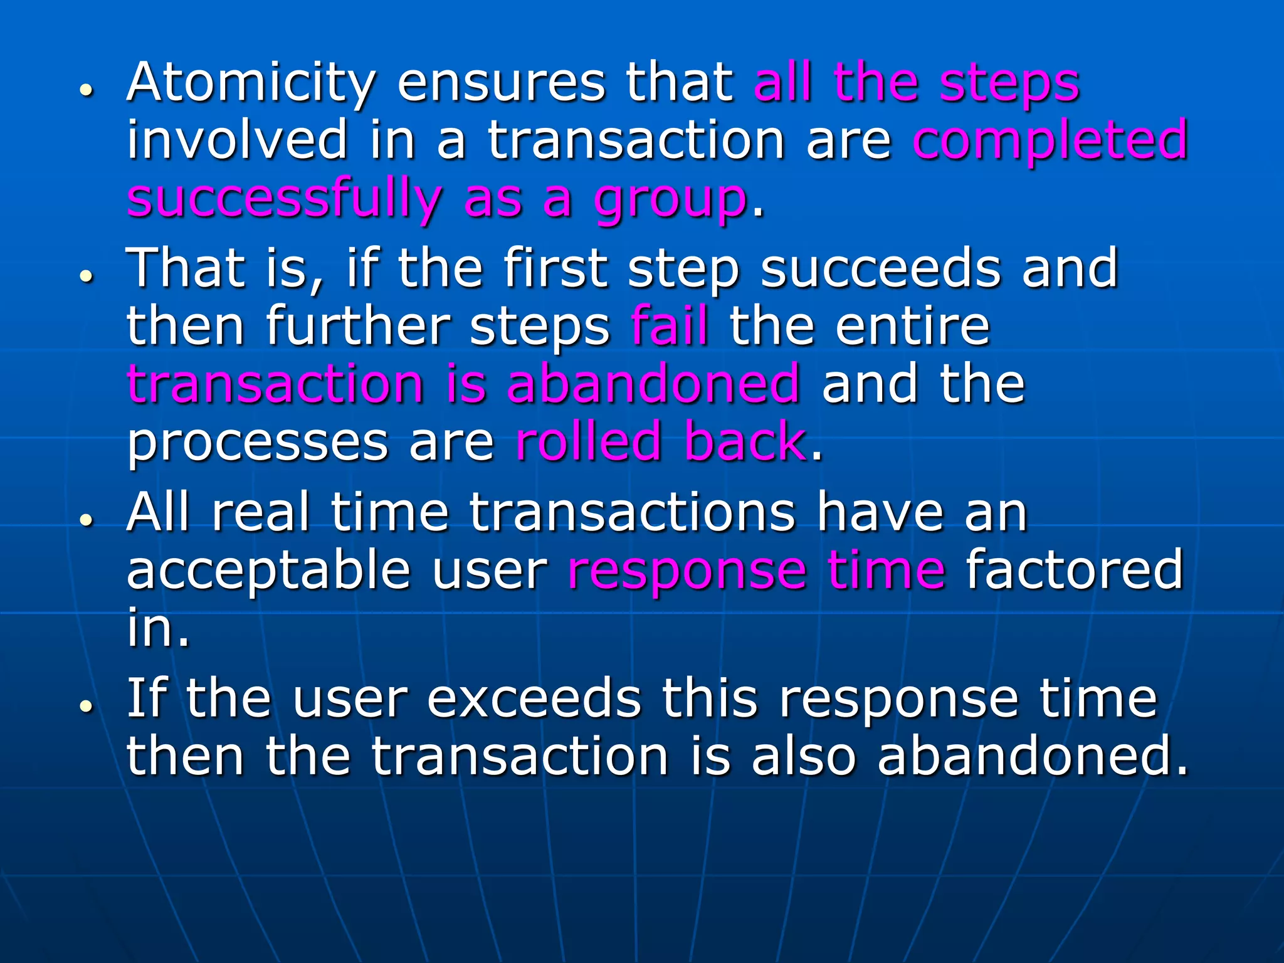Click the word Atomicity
pyautogui.click(x=251, y=83)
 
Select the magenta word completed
pyautogui.click(x=1050, y=140)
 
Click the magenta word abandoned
pyautogui.click(x=653, y=383)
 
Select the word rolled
pyautogui.click(x=589, y=441)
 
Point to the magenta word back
pyautogui.click(x=745, y=441)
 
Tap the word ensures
pyautogui.click(x=502, y=83)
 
